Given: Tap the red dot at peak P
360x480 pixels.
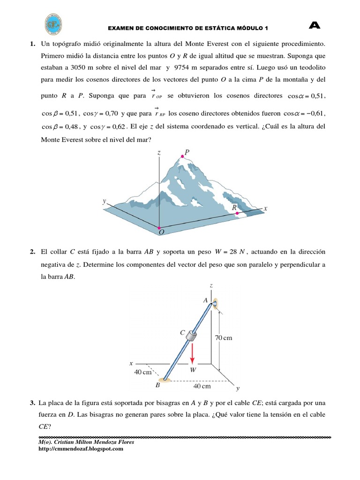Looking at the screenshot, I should (x=182, y=156).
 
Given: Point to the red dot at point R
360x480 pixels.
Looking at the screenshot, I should (x=237, y=213).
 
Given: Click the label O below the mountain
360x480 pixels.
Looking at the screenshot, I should (x=161, y=232).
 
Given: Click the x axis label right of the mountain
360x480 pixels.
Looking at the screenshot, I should (x=265, y=208).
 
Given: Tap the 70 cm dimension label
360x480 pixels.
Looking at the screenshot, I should (x=224, y=337).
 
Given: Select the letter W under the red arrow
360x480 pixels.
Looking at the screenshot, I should (x=193, y=369).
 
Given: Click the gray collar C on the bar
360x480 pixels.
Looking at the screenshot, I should (x=192, y=336).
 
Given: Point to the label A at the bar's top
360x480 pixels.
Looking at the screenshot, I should (x=205, y=300).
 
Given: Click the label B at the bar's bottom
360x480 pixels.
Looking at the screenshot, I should (x=157, y=386).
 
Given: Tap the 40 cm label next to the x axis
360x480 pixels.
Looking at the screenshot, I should (x=143, y=372).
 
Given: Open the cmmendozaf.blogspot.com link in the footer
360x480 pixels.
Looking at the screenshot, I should (x=81, y=449).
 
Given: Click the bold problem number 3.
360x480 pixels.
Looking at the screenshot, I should (x=32, y=403).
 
